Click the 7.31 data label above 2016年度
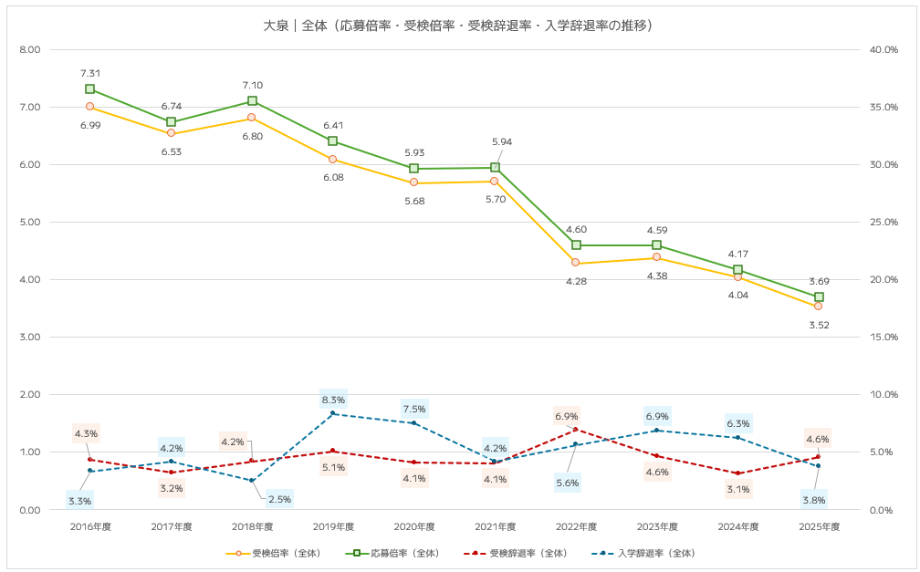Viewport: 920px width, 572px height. [90, 73]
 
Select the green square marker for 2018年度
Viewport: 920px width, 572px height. [252, 101]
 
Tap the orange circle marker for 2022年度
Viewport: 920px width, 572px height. [575, 263]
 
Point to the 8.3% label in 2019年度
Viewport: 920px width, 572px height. [333, 400]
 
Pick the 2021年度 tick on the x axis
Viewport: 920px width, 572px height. [495, 526]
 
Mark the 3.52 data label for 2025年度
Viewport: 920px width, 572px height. [818, 325]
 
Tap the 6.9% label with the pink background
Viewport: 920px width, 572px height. [566, 416]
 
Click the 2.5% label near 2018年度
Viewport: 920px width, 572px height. [278, 499]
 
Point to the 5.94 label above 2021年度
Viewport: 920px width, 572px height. [503, 142]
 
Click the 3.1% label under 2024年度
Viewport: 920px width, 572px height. [737, 489]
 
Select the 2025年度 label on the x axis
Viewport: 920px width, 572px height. [818, 526]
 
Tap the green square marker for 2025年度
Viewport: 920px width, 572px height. [819, 297]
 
